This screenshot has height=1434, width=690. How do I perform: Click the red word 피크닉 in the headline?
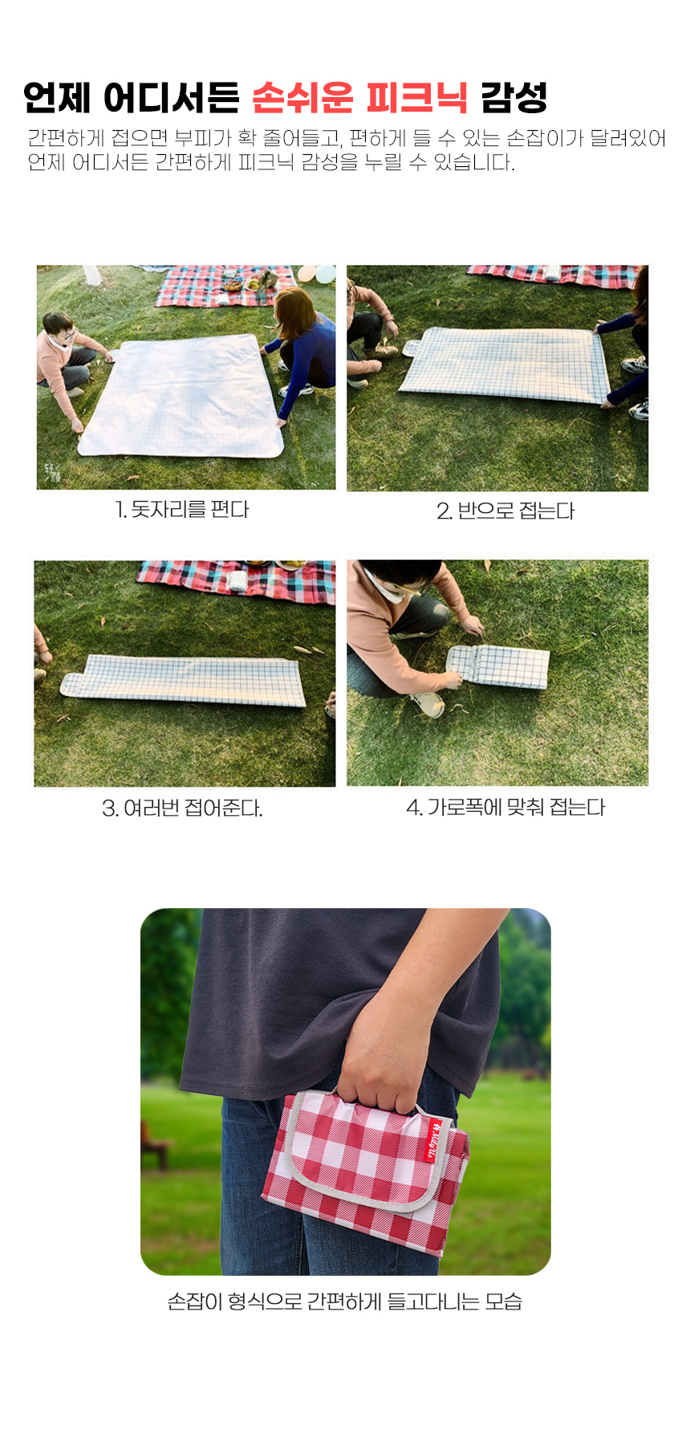click(416, 98)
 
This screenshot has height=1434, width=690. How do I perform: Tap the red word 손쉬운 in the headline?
click(302, 98)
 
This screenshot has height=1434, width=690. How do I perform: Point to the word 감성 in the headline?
click(514, 98)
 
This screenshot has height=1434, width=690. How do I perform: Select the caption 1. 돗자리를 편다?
click(182, 510)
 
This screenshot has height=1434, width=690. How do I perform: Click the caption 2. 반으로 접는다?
click(505, 511)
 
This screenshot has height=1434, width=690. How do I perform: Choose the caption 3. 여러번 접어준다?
click(182, 808)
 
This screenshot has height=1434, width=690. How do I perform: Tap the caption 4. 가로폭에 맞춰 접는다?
click(505, 807)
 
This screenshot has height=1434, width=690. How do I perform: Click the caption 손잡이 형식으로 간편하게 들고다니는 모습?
click(345, 1302)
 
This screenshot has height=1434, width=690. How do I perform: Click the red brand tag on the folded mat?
click(433, 1139)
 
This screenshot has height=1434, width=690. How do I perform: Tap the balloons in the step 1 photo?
click(318, 274)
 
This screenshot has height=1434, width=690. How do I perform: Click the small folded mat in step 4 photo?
click(497, 666)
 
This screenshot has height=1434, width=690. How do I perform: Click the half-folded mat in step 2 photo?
click(504, 363)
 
